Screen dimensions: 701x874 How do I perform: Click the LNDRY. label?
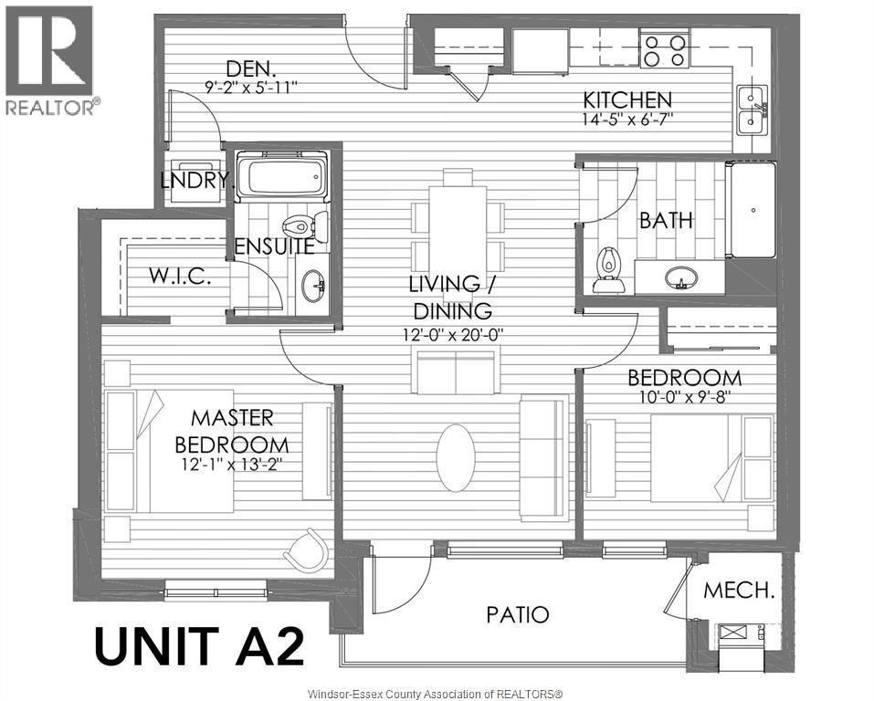pos(196,181)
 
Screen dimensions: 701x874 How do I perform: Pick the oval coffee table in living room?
pos(456,457)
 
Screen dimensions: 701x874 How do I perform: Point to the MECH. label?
pos(739,591)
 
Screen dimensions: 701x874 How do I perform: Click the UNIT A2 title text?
pos(198,647)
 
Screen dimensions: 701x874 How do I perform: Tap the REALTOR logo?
pos(51,60)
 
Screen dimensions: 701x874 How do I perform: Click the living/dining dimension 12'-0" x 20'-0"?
pos(451,334)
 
